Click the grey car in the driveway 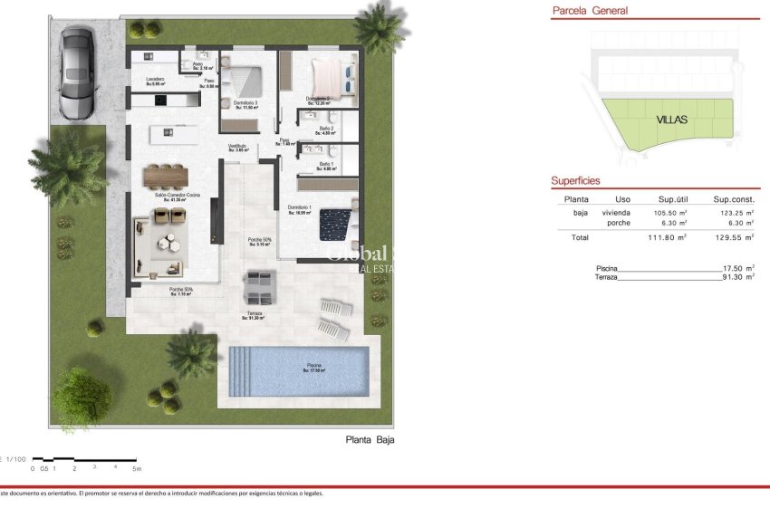pyautogui.click(x=76, y=72)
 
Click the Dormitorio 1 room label pyautogui.click(x=300, y=209)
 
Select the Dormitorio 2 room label pyautogui.click(x=317, y=99)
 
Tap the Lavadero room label pyautogui.click(x=156, y=80)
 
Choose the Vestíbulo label pyautogui.click(x=237, y=147)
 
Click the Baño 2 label pyautogui.click(x=326, y=129)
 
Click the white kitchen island pyautogui.click(x=174, y=133)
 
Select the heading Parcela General pyautogui.click(x=590, y=11)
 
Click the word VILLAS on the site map pyautogui.click(x=671, y=119)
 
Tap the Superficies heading pyautogui.click(x=575, y=181)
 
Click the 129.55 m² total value pyautogui.click(x=734, y=237)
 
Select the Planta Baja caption pyautogui.click(x=371, y=440)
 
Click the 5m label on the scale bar pyautogui.click(x=137, y=469)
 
